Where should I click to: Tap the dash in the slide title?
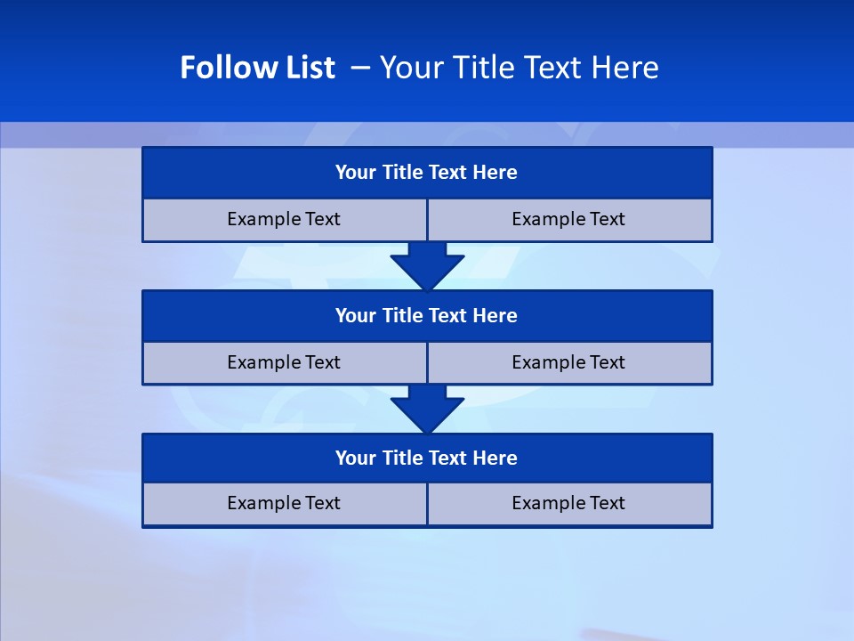(x=361, y=68)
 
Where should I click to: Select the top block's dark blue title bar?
(x=427, y=173)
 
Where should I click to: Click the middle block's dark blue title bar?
(x=427, y=316)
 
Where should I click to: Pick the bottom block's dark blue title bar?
(x=427, y=458)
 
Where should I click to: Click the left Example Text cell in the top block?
(x=285, y=220)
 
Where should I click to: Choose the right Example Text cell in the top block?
(x=569, y=220)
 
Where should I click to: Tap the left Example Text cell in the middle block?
(x=285, y=363)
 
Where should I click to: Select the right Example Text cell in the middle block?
(x=569, y=363)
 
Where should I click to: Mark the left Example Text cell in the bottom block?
(x=285, y=504)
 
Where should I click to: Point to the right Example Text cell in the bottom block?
(x=569, y=504)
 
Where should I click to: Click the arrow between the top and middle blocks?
(x=427, y=266)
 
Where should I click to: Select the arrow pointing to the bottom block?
(x=427, y=409)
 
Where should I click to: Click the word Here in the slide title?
(x=626, y=68)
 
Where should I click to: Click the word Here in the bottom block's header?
(x=495, y=458)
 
